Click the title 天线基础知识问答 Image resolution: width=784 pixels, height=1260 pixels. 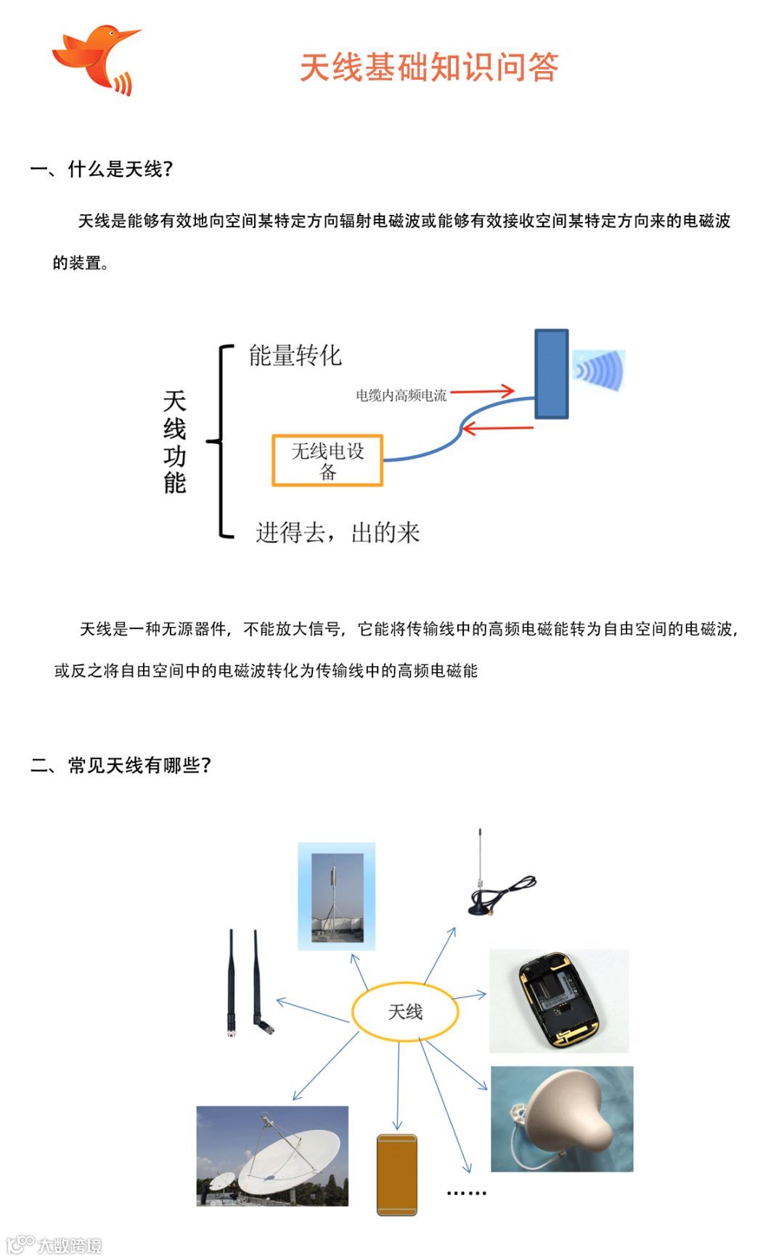pyautogui.click(x=429, y=67)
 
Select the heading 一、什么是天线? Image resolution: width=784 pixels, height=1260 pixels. pyautogui.click(x=102, y=170)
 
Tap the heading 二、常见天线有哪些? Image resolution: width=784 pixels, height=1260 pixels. pyautogui.click(x=121, y=766)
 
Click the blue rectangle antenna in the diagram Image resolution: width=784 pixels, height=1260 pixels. pyautogui.click(x=552, y=374)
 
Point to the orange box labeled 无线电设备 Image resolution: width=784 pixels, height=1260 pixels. pyautogui.click(x=327, y=460)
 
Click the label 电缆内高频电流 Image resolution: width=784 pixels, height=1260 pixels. pyautogui.click(x=401, y=396)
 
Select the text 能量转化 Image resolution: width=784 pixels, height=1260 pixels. pyautogui.click(x=295, y=356)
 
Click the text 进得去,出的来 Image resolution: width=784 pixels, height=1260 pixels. pyautogui.click(x=338, y=533)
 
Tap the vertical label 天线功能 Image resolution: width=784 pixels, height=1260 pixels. pyautogui.click(x=175, y=441)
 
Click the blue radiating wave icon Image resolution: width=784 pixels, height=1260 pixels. pyautogui.click(x=599, y=370)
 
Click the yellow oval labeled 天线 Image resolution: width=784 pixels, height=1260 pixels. pyautogui.click(x=405, y=1012)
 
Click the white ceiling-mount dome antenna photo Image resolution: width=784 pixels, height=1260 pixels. pyautogui.click(x=562, y=1118)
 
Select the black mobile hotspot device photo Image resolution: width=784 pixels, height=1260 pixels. pyautogui.click(x=559, y=1000)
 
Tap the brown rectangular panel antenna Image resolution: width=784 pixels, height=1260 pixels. pyautogui.click(x=397, y=1174)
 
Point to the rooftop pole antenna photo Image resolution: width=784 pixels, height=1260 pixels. pyautogui.click(x=337, y=896)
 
